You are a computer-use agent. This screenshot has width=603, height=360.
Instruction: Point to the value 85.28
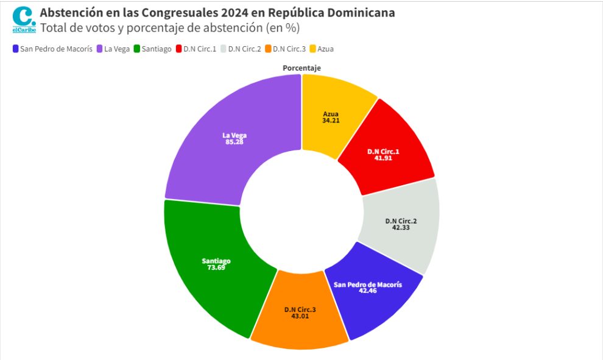click(234, 142)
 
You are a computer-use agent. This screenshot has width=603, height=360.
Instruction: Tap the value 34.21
click(331, 121)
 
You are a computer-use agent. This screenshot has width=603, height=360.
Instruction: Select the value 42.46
click(368, 291)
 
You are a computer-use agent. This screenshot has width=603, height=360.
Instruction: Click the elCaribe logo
click(24, 19)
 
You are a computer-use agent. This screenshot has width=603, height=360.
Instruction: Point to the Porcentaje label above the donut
click(301, 68)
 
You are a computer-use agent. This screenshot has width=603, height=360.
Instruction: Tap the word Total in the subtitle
click(52, 28)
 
